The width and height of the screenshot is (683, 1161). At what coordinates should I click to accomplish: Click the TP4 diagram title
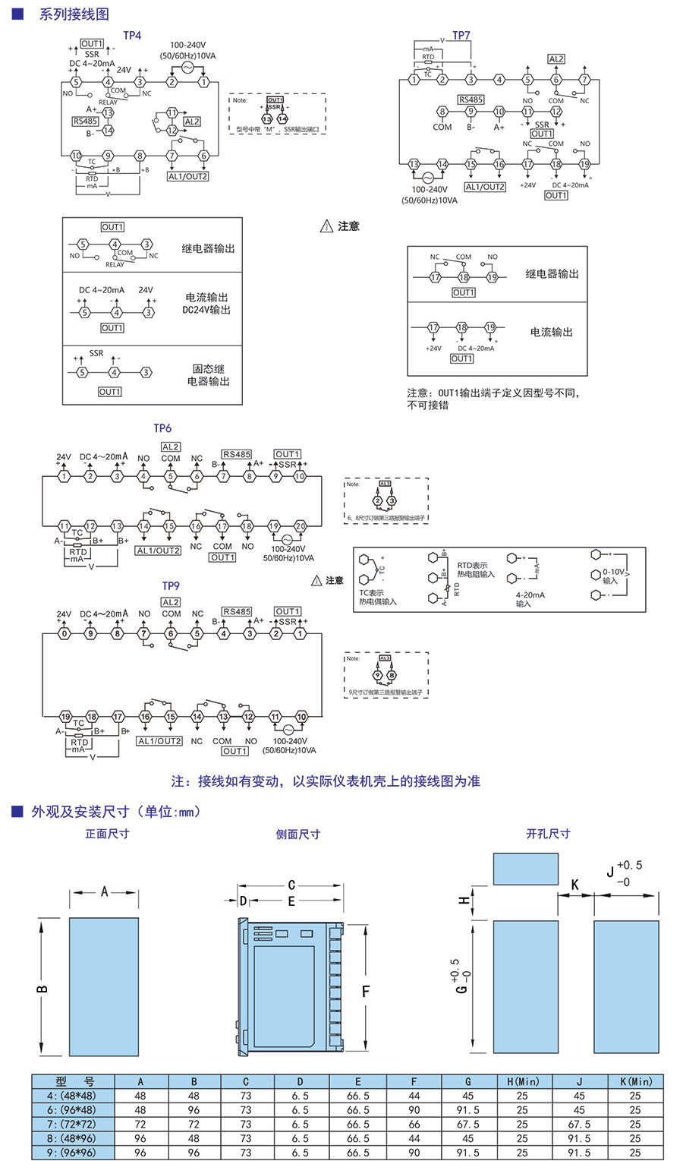coord(132,36)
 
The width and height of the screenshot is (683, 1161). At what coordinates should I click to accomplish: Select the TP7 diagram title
coord(461,36)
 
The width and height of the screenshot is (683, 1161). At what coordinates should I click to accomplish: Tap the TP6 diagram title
coord(162,428)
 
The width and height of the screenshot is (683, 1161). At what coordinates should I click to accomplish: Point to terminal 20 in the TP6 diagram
coord(301,526)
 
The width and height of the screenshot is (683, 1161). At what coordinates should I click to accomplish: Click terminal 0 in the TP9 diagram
coord(65,633)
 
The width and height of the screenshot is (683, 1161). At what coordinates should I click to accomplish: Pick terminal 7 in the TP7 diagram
coord(584,80)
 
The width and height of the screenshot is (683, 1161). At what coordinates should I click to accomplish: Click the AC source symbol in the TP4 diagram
coord(187,68)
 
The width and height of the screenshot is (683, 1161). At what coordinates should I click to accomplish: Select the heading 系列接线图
coord(74,14)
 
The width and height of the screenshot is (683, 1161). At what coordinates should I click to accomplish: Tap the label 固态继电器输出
coord(208,375)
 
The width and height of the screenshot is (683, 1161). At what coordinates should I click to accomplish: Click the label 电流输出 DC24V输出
coord(206,304)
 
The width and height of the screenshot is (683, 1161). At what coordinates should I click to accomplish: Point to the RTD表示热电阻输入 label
coord(475,570)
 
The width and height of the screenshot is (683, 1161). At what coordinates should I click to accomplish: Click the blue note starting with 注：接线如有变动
coord(326,781)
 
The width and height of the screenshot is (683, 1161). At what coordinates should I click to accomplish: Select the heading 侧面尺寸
coord(298,834)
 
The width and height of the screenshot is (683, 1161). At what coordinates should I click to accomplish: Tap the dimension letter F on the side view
coord(365,992)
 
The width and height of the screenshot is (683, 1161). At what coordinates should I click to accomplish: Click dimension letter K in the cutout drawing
coord(574,885)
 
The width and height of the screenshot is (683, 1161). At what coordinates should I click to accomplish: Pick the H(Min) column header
coord(522,1081)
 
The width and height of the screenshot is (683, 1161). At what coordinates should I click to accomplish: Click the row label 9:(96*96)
coord(72,1153)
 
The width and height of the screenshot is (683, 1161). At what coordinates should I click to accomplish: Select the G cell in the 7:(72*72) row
coord(467,1124)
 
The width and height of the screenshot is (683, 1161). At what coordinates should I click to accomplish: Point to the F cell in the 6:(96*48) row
coord(414,1110)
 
